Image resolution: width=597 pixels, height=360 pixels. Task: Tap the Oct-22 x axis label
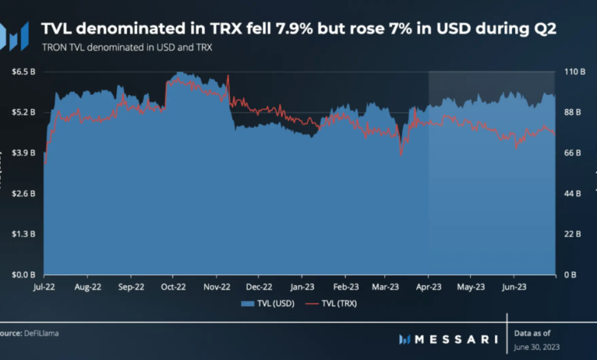point(174,288)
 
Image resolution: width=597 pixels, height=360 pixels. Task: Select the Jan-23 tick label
point(302,288)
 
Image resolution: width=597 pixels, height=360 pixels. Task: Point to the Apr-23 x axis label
point(428,288)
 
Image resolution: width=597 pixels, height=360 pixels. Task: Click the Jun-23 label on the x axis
point(513,288)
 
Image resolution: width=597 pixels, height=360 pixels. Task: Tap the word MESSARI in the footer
point(458,339)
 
